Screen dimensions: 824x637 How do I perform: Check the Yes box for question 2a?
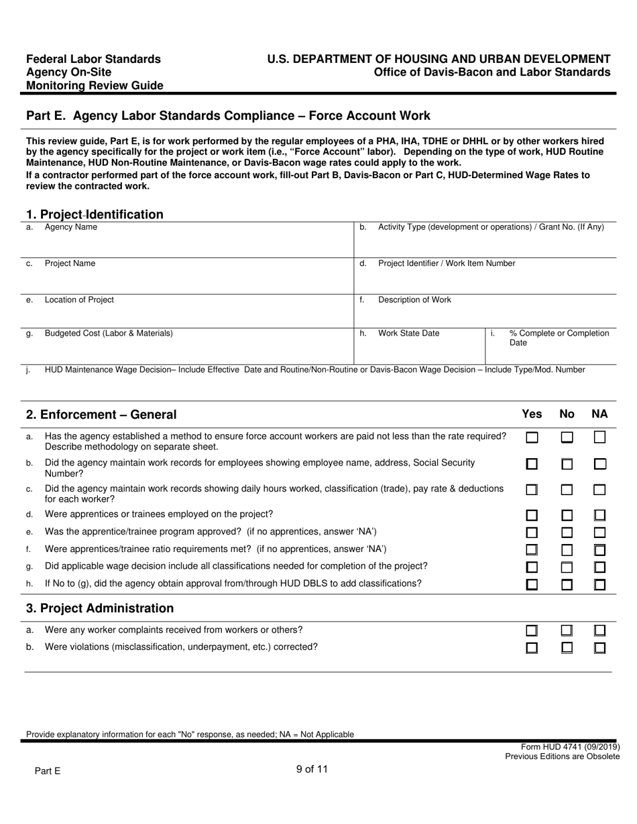[532, 437]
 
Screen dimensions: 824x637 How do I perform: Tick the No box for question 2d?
[567, 515]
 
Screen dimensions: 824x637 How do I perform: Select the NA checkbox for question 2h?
[600, 584]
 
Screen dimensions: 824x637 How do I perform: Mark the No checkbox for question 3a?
[567, 630]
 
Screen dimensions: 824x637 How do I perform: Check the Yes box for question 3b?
[532, 648]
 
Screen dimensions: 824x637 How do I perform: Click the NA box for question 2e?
[600, 533]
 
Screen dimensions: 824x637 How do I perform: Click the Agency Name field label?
[70, 227]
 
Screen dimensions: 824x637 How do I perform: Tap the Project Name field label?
[70, 263]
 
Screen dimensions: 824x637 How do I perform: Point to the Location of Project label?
[79, 299]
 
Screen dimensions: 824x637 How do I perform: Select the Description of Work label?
[414, 299]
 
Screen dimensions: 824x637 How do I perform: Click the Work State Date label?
[408, 333]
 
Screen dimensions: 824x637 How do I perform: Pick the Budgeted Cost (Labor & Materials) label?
[108, 333]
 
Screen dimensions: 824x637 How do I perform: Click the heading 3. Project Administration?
[100, 608]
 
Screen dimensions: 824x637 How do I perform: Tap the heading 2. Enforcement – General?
[101, 415]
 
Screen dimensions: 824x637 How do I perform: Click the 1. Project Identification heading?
[95, 214]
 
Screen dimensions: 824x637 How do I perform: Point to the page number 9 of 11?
[312, 769]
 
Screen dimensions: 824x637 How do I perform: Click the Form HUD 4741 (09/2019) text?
[570, 747]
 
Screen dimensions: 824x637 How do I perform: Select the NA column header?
[599, 414]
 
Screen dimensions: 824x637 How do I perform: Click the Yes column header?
[532, 414]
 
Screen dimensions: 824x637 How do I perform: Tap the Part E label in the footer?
[48, 771]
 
